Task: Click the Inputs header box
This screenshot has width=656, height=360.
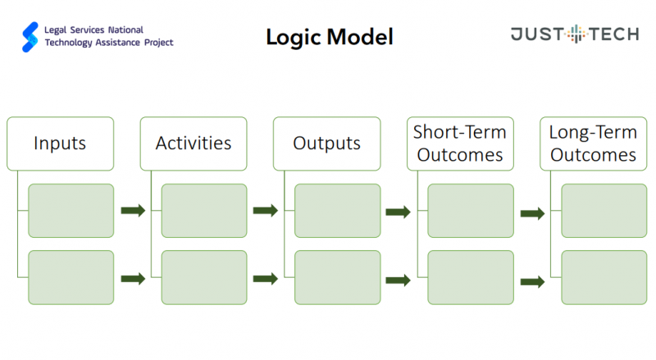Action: (60, 144)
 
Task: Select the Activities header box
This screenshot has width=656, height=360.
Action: (194, 144)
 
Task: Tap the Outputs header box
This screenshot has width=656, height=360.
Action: (326, 144)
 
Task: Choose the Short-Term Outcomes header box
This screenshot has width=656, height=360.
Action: (460, 144)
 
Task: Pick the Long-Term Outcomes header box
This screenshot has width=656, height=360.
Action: (593, 144)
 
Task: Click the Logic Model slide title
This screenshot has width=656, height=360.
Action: (330, 37)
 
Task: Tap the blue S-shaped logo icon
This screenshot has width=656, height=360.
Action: (30, 37)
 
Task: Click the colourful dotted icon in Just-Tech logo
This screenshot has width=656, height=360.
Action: (576, 34)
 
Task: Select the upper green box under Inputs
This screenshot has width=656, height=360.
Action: (71, 211)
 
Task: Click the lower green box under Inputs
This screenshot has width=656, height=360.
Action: (71, 277)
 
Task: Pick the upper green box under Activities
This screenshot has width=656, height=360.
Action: (204, 211)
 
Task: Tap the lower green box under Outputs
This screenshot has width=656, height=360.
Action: (338, 277)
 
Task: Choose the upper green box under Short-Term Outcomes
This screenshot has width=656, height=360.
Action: (471, 211)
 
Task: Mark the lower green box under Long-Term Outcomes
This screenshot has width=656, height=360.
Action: (604, 277)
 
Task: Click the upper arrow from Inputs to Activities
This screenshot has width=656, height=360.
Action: (133, 210)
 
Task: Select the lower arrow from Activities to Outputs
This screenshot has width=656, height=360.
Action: (265, 278)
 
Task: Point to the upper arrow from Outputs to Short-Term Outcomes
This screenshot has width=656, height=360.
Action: (398, 212)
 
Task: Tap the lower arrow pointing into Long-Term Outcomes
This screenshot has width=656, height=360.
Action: (532, 282)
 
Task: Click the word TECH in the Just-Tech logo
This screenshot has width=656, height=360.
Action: (614, 34)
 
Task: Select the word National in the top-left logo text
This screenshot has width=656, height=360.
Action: (125, 30)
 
